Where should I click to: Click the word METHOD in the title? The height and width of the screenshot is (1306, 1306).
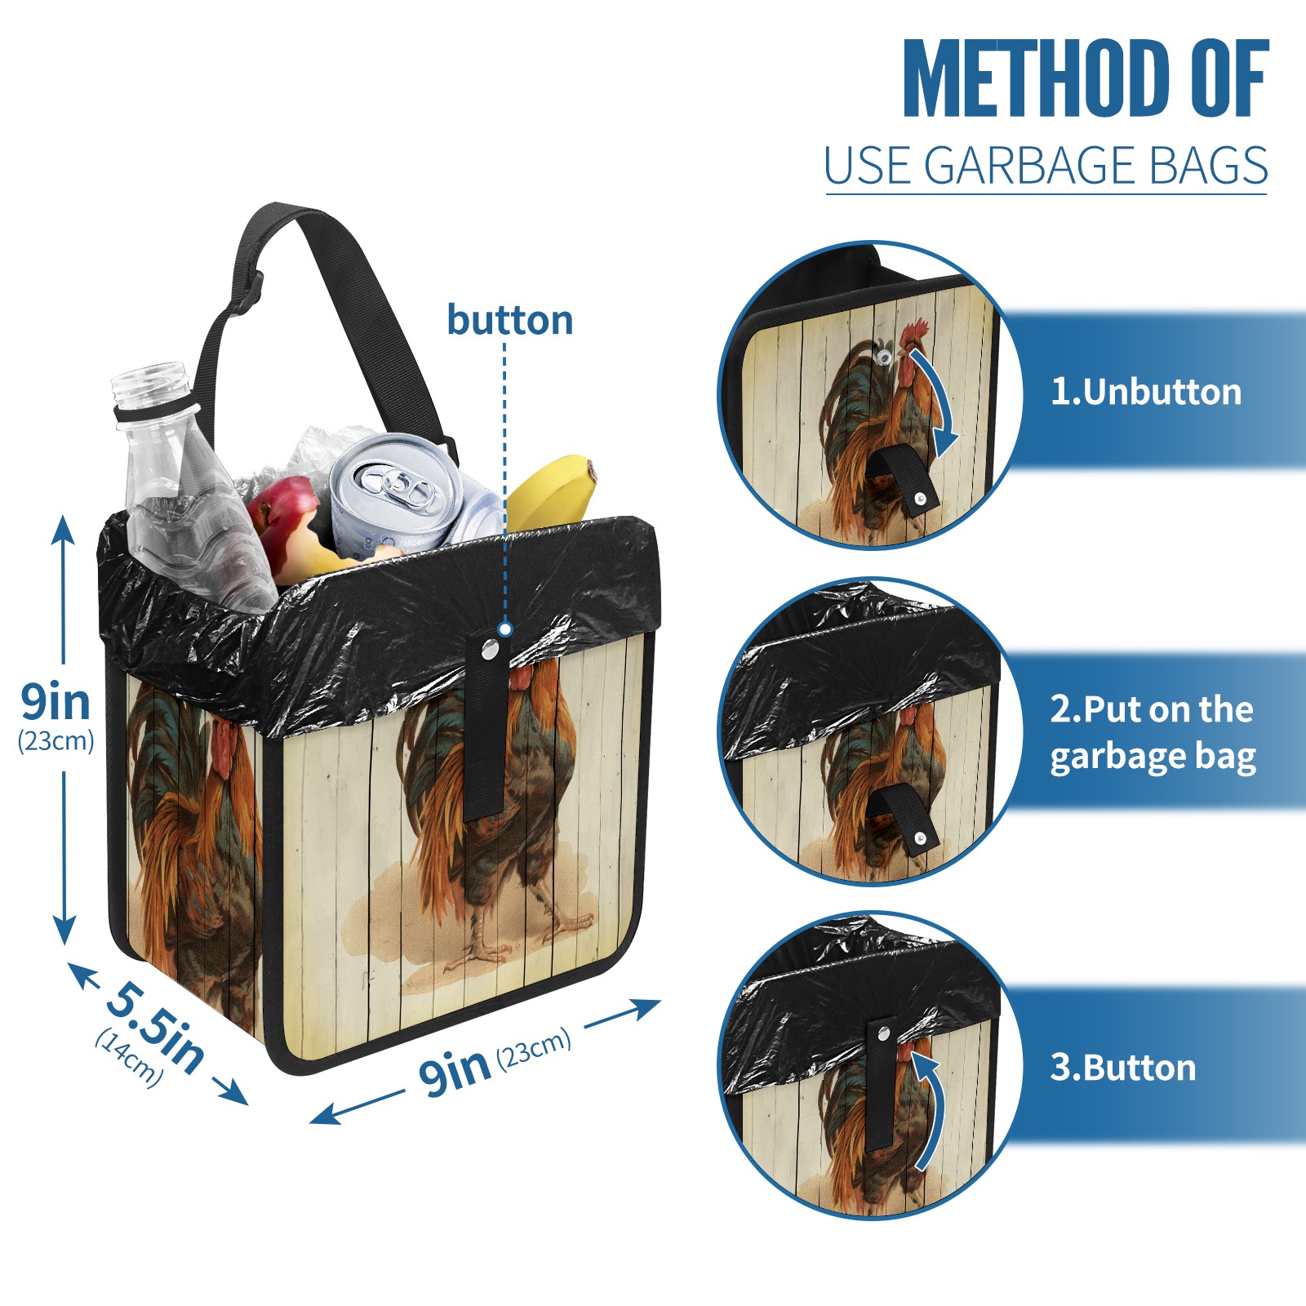click(1037, 78)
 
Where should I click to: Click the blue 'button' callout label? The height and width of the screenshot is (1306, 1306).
click(509, 319)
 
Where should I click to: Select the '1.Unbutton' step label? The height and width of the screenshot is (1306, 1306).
click(1145, 392)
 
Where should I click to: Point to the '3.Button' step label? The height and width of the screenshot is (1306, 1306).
click(1122, 1067)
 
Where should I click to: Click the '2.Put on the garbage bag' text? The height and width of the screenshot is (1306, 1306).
click(1153, 733)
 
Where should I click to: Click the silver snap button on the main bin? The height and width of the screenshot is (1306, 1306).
click(491, 649)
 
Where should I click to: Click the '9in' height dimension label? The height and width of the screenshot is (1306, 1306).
click(56, 702)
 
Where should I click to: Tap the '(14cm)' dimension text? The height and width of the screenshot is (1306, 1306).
click(129, 1058)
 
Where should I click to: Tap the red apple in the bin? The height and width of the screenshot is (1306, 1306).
click(282, 513)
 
